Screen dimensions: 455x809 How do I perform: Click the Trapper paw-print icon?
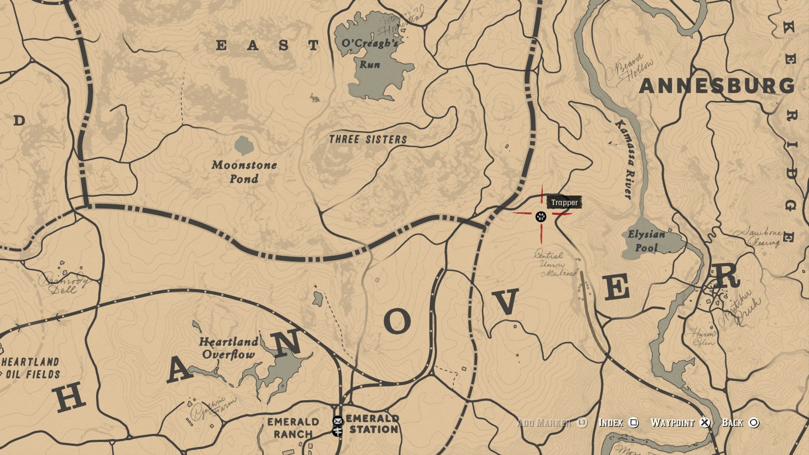pos(541,217)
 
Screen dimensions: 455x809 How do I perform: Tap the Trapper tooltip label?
pos(564,203)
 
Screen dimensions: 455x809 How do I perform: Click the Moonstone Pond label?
pos(244,171)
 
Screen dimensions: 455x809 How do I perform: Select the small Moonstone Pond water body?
pos(244,145)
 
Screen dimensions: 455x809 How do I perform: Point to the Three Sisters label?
pos(368,139)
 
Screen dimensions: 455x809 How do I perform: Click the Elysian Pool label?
pos(646,241)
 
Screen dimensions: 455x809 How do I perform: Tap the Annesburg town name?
pos(716,86)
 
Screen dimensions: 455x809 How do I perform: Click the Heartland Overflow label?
pos(229,348)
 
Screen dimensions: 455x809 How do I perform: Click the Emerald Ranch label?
pos(293,428)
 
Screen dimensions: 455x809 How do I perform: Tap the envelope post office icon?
pos(338,420)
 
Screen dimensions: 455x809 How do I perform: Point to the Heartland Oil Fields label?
pos(31,368)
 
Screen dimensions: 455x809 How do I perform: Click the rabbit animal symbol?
pos(314,98)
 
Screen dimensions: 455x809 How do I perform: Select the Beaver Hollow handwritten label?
pos(630,69)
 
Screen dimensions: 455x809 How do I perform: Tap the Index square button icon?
pos(633,423)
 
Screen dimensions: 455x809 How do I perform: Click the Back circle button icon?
pos(754,423)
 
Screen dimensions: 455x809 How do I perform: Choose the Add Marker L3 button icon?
pos(582,423)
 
